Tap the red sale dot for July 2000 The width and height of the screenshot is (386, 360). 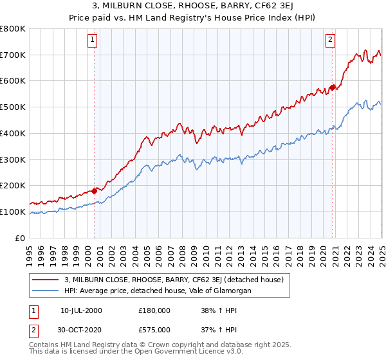point(94,190)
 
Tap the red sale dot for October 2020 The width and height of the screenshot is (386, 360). point(333,87)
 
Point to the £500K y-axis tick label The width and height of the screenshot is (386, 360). point(13,107)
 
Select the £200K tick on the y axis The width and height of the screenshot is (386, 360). point(13,185)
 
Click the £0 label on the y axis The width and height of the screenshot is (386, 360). point(21,238)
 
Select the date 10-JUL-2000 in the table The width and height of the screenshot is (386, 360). point(81,310)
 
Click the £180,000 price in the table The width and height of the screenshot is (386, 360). point(154,310)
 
